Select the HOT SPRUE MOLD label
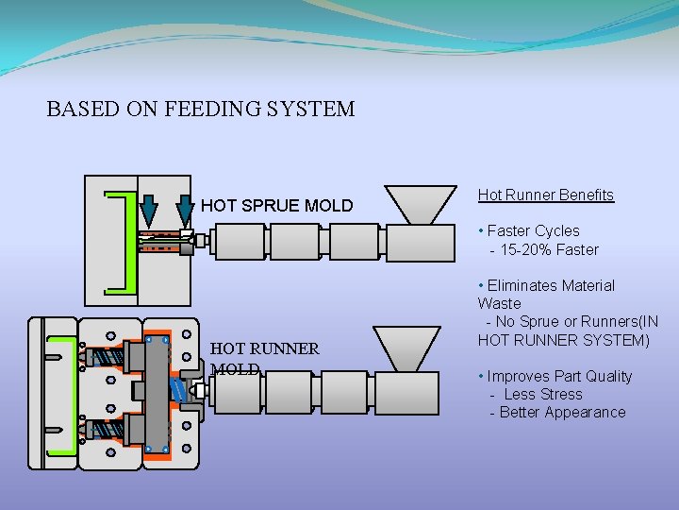pyautogui.click(x=276, y=205)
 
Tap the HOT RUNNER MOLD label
pyautogui.click(x=264, y=358)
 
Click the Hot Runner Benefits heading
pyautogui.click(x=545, y=195)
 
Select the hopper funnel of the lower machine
pyautogui.click(x=406, y=346)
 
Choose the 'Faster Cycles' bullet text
pyautogui.click(x=533, y=230)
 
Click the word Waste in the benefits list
pyautogui.click(x=499, y=303)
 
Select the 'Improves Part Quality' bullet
pyautogui.click(x=559, y=376)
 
